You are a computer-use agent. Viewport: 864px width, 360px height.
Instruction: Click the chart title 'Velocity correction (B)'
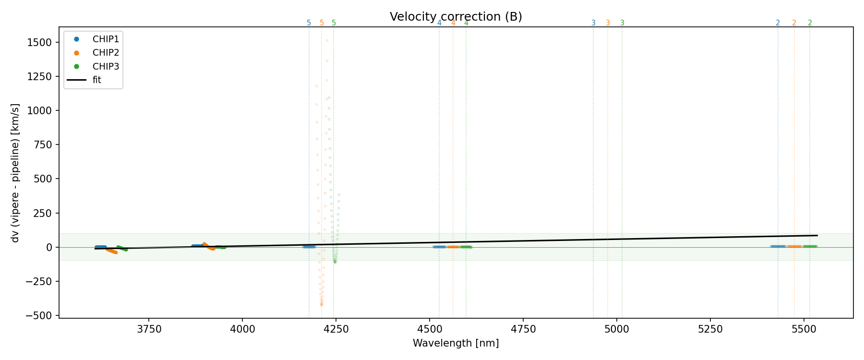456,17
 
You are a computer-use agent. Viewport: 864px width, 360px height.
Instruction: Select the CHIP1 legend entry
105,39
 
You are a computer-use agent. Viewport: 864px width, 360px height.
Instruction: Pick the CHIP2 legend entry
105,53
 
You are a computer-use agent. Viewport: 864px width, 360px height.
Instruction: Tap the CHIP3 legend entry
105,66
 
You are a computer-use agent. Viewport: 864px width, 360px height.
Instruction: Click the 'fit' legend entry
96,80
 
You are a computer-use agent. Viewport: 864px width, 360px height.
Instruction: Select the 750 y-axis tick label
43,144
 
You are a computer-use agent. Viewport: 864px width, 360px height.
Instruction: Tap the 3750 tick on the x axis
149,329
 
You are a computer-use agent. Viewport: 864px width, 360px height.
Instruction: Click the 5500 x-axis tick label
804,329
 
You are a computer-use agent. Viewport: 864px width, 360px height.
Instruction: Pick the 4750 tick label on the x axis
523,329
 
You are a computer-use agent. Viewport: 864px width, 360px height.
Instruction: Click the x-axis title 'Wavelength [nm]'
456,343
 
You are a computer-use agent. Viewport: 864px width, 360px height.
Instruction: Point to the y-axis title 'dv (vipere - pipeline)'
15,173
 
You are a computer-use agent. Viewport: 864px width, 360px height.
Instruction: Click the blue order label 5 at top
309,23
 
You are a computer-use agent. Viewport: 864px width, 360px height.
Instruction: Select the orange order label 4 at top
453,23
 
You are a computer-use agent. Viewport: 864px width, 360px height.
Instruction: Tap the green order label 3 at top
622,23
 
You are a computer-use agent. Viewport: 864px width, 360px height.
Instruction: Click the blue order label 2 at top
778,23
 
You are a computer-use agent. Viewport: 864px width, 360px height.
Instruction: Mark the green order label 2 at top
810,23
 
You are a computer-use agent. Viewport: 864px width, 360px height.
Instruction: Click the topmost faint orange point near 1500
327,40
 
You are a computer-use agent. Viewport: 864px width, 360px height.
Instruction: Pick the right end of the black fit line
817,235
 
